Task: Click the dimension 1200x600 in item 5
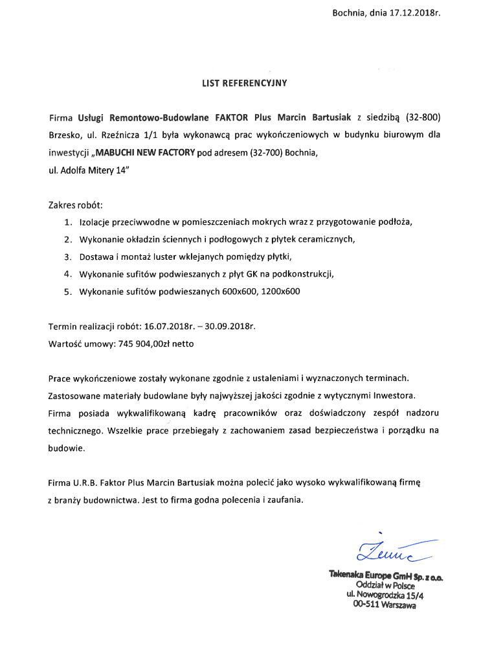coord(280,292)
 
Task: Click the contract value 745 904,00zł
coord(146,343)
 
